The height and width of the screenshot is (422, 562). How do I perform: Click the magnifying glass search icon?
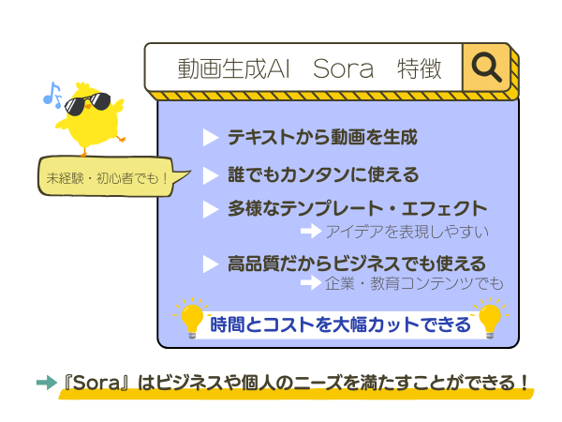point(486,67)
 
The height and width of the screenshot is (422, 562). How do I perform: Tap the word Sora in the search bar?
point(343,68)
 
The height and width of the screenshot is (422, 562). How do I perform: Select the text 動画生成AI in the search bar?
point(233,68)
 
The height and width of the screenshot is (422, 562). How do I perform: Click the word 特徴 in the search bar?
point(419,68)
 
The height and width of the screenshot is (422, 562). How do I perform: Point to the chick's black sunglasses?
point(87,104)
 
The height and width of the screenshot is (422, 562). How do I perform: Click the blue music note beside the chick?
point(52,95)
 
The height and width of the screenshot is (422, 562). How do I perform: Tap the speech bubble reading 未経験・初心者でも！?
point(108,176)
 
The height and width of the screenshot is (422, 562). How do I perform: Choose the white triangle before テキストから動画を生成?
point(211,138)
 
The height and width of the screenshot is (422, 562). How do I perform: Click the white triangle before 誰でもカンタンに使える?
point(211,175)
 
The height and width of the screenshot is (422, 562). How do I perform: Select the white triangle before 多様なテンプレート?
point(211,209)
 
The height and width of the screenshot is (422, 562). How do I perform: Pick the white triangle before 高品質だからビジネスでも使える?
point(211,264)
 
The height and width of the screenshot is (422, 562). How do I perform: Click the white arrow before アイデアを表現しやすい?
point(311,231)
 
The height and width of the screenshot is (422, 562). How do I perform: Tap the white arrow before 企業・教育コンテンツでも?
point(311,282)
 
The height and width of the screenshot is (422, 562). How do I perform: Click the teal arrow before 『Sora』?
point(47,383)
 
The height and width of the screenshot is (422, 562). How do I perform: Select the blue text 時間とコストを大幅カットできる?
point(340,324)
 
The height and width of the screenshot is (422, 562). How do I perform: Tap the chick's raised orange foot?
point(121,138)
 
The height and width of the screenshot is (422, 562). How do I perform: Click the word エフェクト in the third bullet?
point(444,209)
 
